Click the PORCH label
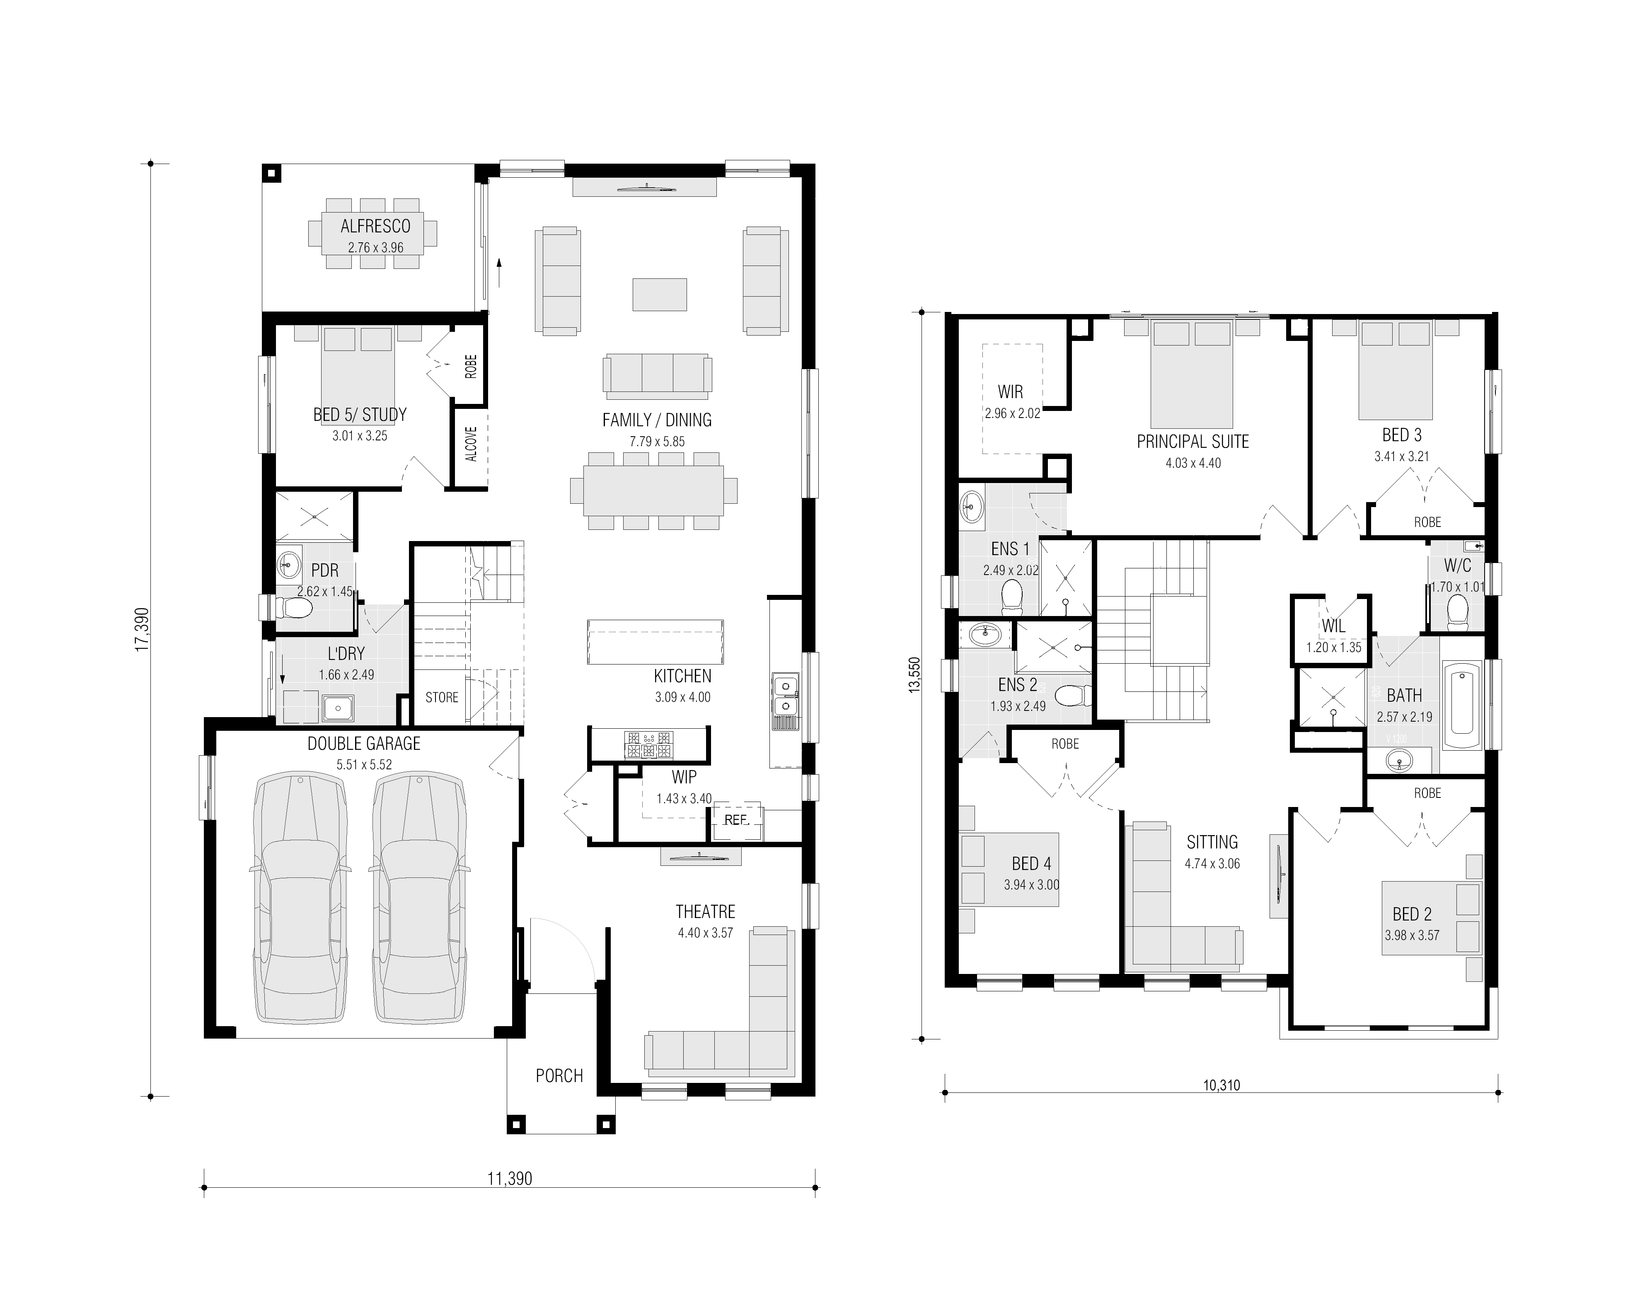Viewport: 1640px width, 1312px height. (559, 1075)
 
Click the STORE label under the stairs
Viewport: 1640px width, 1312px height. (442, 698)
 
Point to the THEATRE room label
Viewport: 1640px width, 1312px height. (705, 911)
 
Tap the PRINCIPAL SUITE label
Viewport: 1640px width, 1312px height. (1193, 441)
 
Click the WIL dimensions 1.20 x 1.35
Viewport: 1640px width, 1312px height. (1333, 647)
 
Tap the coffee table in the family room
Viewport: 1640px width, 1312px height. (660, 295)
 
